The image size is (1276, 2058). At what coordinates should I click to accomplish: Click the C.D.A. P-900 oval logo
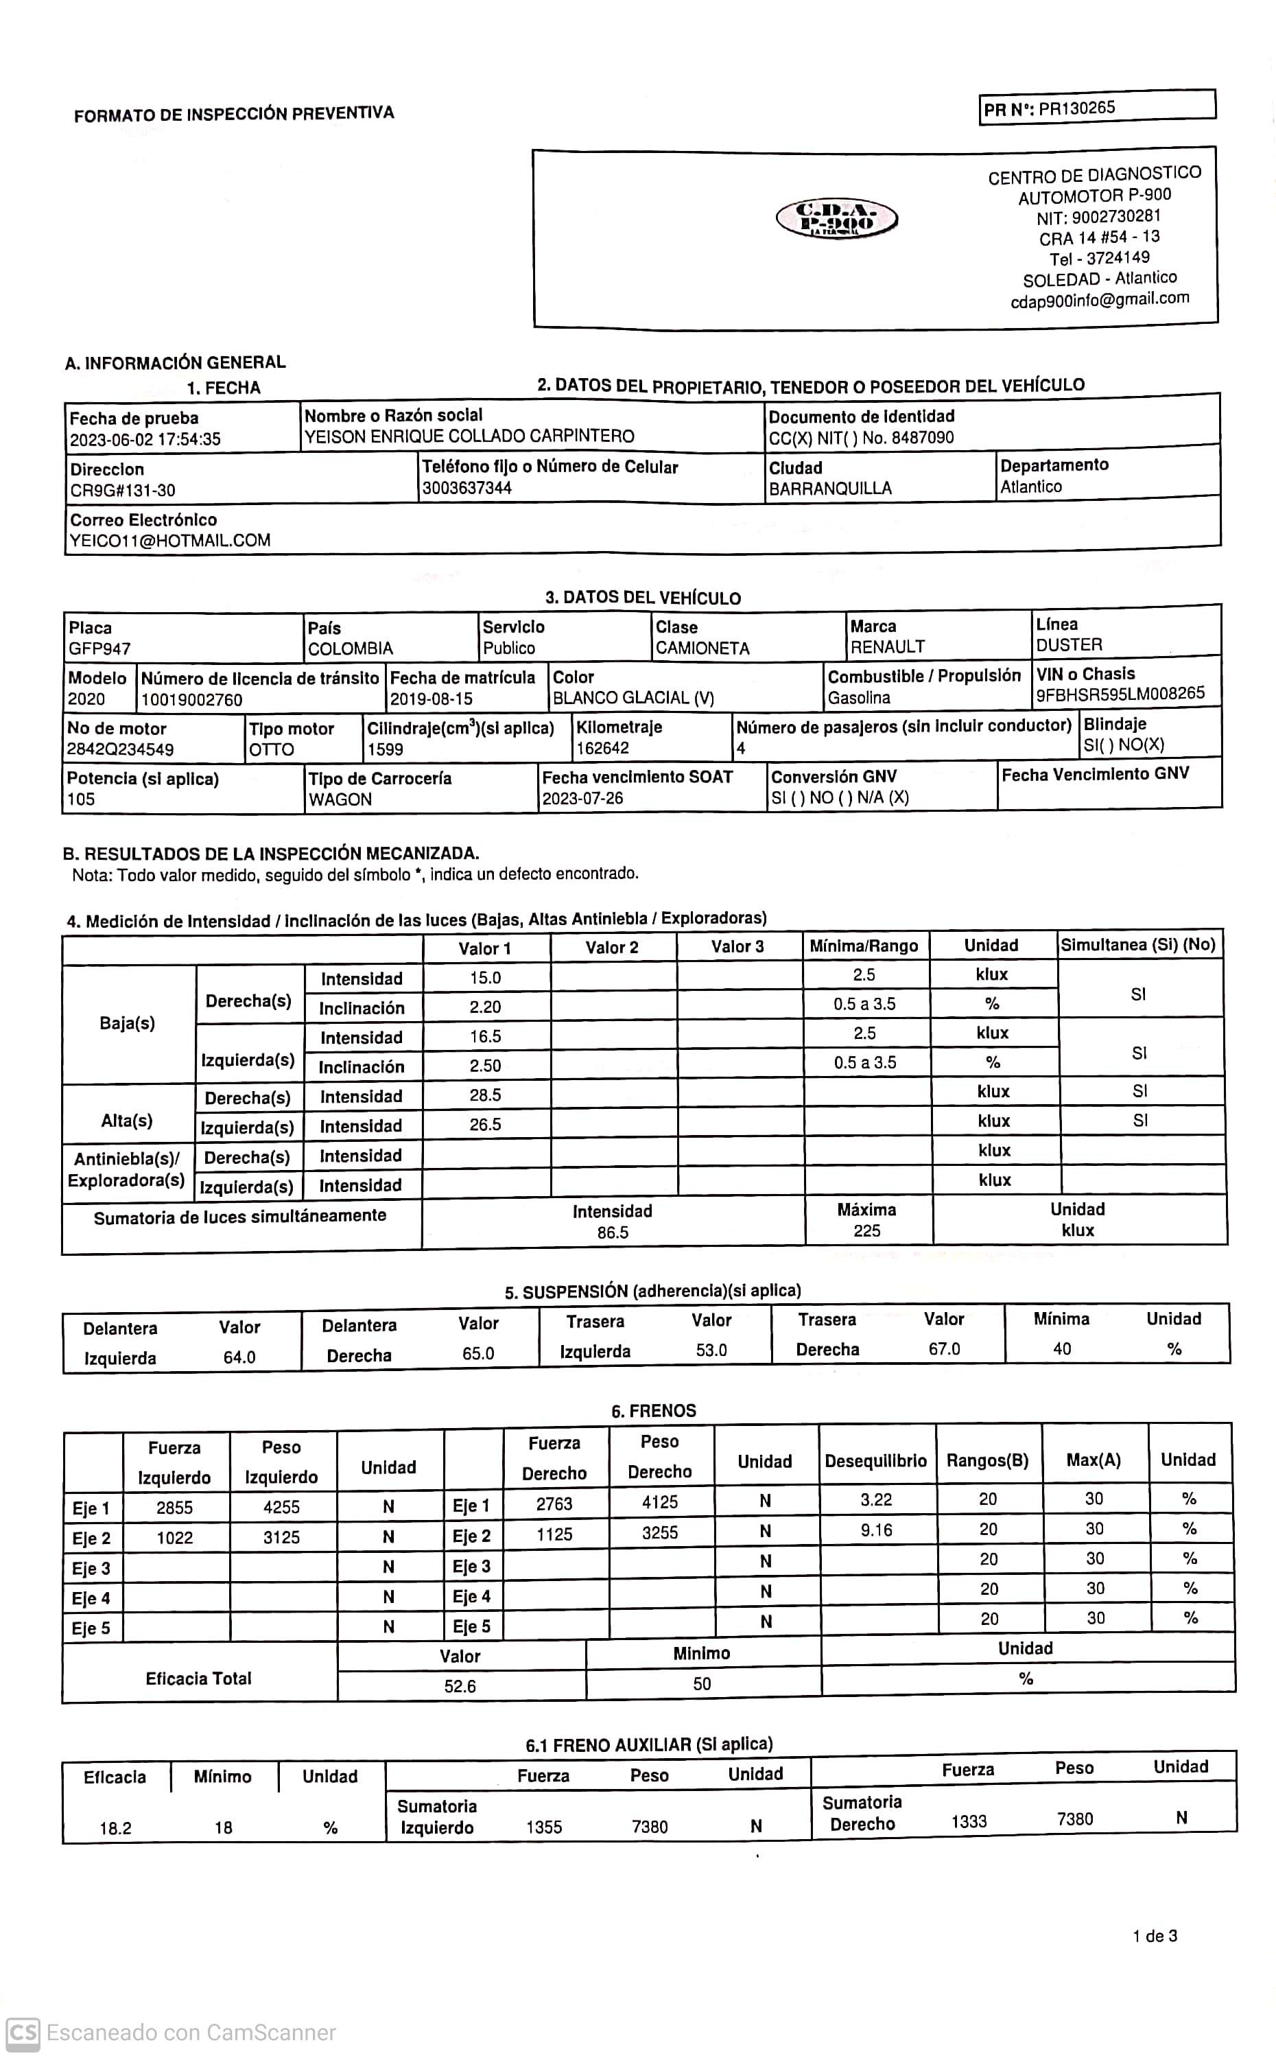[836, 220]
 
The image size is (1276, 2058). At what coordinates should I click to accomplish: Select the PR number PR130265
[1076, 108]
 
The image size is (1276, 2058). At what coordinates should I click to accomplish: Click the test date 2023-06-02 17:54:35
[145, 440]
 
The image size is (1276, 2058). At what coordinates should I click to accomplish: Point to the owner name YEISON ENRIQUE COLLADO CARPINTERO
[469, 436]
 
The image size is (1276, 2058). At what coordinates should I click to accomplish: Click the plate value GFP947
[99, 649]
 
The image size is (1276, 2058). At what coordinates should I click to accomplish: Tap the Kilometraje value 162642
[602, 749]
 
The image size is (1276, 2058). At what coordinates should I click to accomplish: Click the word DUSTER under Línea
[1070, 645]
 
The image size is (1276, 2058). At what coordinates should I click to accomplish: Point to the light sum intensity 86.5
[613, 1232]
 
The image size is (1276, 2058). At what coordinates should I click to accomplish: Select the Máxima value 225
[866, 1230]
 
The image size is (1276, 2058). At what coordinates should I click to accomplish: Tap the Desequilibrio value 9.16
[876, 1530]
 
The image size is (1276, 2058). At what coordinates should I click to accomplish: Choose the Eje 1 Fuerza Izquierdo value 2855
[175, 1508]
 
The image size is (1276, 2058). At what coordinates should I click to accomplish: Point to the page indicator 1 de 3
[1155, 1937]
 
